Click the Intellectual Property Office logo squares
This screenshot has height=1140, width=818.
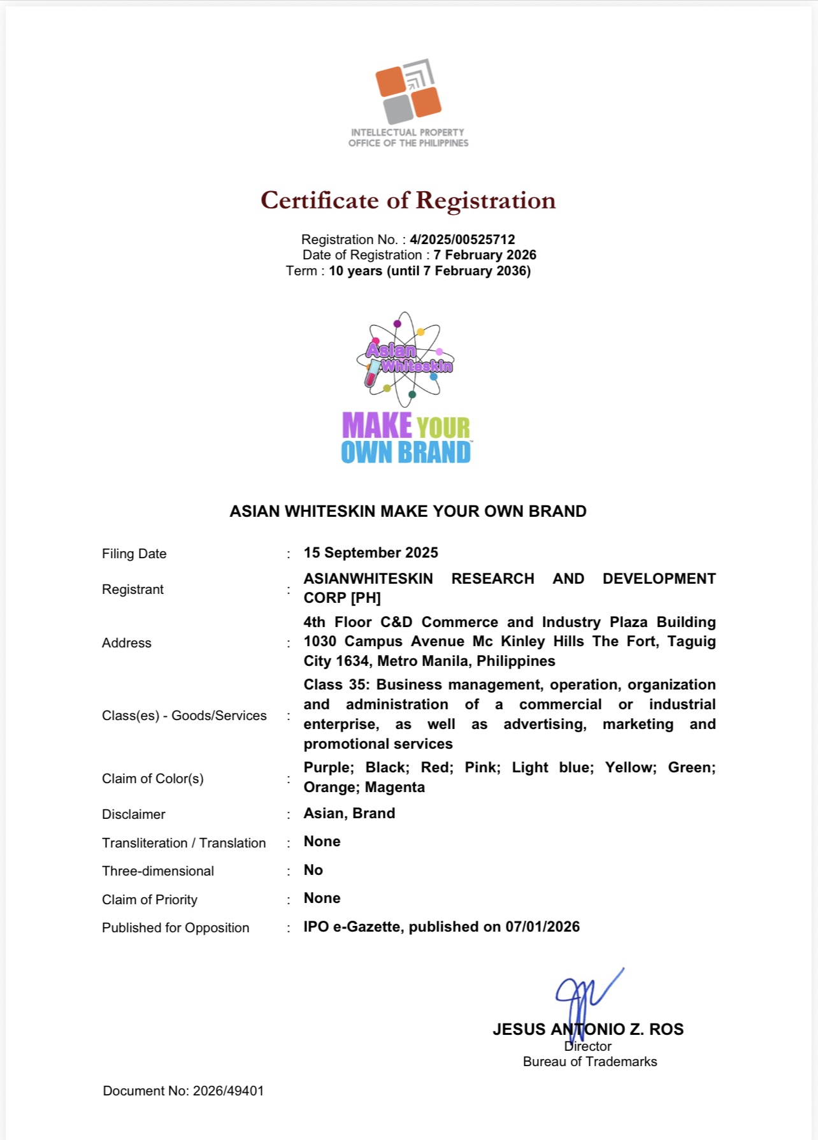point(408,92)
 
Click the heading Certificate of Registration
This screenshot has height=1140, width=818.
point(408,201)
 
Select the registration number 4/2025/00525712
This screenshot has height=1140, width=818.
point(462,240)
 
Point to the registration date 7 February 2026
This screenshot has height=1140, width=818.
point(485,255)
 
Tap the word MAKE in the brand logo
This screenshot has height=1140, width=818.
point(377,426)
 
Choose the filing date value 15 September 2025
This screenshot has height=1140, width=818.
point(371,552)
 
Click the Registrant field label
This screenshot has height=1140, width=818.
point(133,589)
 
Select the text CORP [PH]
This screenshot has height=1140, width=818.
point(342,598)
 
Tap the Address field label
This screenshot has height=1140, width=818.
point(127,643)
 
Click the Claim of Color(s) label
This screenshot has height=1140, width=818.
point(153,779)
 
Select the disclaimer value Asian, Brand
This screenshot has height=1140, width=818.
point(349,813)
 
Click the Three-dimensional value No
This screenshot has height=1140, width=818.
point(313,870)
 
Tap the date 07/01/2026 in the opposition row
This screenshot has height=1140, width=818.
point(542,927)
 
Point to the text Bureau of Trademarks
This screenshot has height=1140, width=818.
point(590,1062)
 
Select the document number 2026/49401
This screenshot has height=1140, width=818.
point(228,1091)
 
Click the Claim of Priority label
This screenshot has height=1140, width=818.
point(150,900)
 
